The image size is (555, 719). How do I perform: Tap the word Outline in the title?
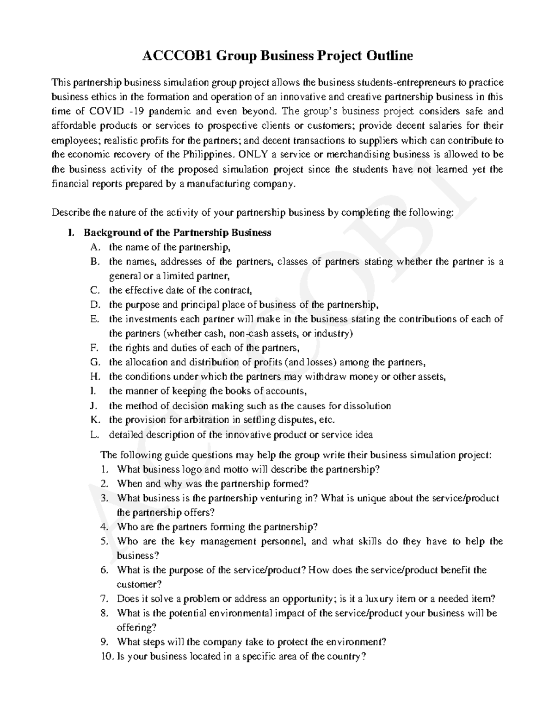click(x=390, y=56)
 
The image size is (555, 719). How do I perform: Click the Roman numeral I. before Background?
click(x=71, y=232)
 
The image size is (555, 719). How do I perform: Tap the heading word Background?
click(x=108, y=232)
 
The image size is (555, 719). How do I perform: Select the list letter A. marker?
click(x=95, y=247)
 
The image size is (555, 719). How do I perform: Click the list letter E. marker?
click(x=95, y=319)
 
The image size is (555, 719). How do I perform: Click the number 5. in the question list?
click(x=104, y=541)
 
